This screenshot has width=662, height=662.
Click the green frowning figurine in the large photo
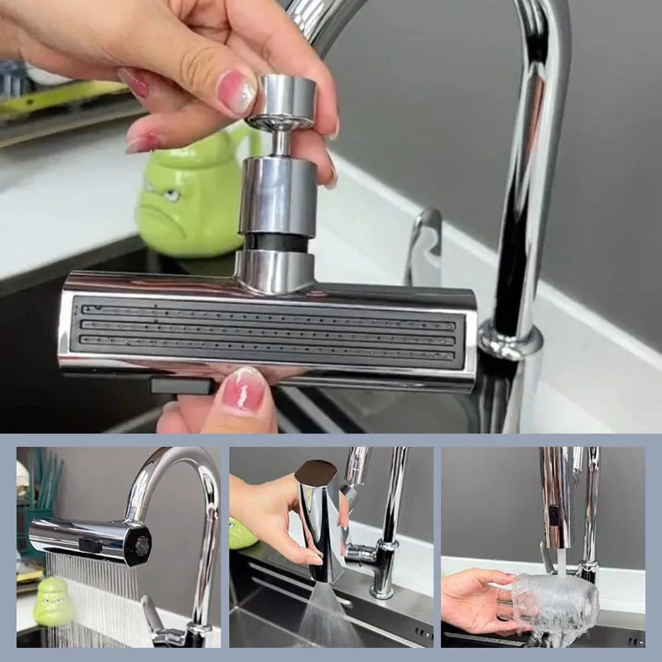coord(188,198)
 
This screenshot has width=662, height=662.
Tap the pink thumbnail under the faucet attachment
coord(243,390)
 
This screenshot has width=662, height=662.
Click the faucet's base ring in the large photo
coord(510,341)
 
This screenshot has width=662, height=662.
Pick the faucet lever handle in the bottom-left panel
coord(152,615)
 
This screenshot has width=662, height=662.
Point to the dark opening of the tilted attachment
coord(315,472)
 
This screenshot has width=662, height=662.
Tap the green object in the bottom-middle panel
coord(241,534)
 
